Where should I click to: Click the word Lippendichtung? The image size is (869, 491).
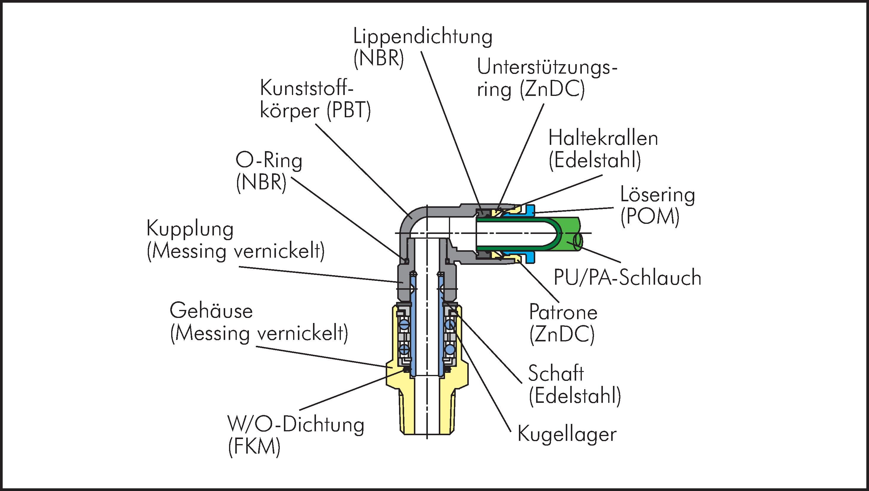422,37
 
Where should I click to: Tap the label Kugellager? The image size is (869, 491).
567,434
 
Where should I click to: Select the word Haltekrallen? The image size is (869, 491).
603,138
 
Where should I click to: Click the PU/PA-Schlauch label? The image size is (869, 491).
627,278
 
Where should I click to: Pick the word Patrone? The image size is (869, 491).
563,312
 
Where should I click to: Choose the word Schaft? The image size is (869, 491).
556,373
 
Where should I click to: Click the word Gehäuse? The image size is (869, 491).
211,311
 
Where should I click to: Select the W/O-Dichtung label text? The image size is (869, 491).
296,425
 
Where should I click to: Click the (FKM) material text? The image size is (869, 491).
254,447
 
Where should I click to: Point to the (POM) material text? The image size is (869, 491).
650,217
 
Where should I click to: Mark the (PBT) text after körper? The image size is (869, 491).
349,111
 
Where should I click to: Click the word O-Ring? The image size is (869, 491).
269,161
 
